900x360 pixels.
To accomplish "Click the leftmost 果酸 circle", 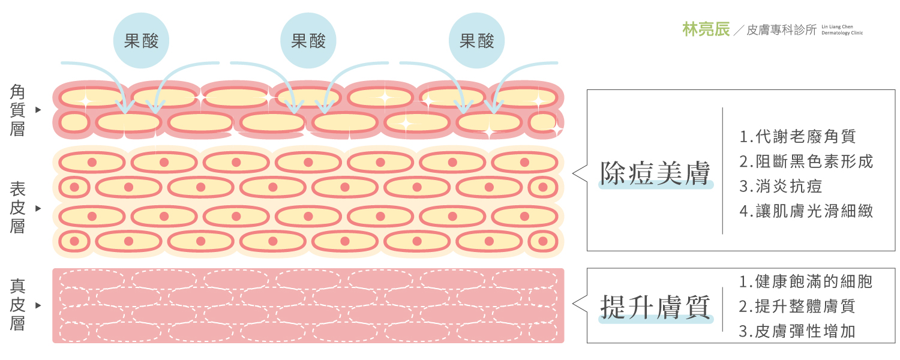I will tap(141, 41).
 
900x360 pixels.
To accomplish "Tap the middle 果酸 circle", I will tap(308, 41).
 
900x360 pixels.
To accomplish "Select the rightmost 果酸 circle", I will tap(476, 41).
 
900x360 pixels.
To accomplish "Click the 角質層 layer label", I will tap(17, 110).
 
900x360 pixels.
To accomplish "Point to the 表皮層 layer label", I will tap(17, 208).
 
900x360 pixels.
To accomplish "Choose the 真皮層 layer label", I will tap(17, 305).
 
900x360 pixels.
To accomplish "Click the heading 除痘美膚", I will tap(655, 173).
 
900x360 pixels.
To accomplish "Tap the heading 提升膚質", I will tap(655, 307).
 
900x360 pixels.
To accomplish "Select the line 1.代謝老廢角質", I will tap(797, 137).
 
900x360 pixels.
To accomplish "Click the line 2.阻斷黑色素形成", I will tap(806, 161).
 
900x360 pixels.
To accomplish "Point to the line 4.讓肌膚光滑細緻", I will tap(806, 211).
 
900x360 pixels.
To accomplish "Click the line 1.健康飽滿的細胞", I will tap(806, 281).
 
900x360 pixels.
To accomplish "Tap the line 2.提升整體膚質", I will tap(797, 306).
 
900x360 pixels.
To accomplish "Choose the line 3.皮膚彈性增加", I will tap(797, 331).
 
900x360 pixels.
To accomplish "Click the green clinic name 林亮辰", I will tap(706, 29).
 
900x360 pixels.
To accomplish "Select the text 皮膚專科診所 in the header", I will tap(781, 30).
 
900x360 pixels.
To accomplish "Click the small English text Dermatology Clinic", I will tap(842, 33).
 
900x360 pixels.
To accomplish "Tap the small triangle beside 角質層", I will tap(38, 110).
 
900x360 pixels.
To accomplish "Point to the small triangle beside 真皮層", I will tap(38, 305).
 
